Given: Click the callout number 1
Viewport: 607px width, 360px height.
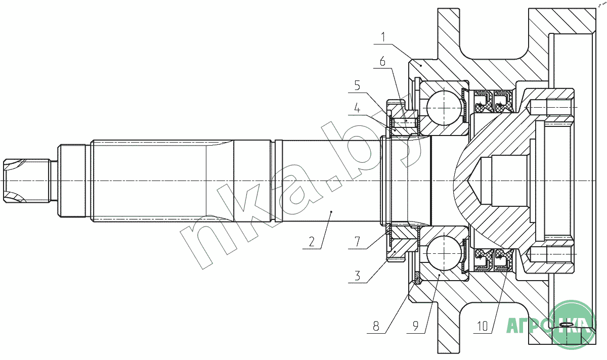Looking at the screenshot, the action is [x=383, y=37].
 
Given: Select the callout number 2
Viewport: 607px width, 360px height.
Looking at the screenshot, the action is [x=312, y=241].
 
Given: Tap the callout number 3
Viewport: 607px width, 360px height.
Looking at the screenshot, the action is [x=358, y=276].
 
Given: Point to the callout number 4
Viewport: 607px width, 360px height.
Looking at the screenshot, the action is [x=358, y=108].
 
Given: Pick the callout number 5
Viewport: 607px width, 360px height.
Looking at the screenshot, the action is [x=358, y=85].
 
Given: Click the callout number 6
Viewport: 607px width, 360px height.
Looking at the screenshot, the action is [x=382, y=62].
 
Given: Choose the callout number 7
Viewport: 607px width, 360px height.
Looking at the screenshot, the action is [x=358, y=242].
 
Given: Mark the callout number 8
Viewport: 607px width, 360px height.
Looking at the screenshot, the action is [x=376, y=327].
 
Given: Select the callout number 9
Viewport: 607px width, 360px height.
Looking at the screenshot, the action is [x=416, y=327].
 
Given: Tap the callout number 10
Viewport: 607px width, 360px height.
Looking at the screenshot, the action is [x=483, y=327].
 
